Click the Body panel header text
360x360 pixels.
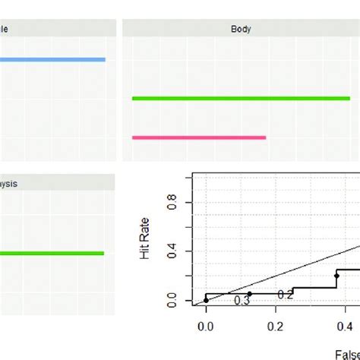pyautogui.click(x=241, y=30)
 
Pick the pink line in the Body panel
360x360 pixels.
pyautogui.click(x=199, y=137)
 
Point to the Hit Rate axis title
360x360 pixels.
pyautogui.click(x=147, y=242)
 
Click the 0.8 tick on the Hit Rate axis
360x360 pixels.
pyautogui.click(x=176, y=203)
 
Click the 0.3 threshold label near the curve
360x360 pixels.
pyautogui.click(x=242, y=302)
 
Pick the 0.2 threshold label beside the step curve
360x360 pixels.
pyautogui.click(x=285, y=295)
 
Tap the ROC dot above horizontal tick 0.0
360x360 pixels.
pyautogui.click(x=206, y=300)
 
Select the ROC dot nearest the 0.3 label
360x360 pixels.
pyautogui.click(x=249, y=293)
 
